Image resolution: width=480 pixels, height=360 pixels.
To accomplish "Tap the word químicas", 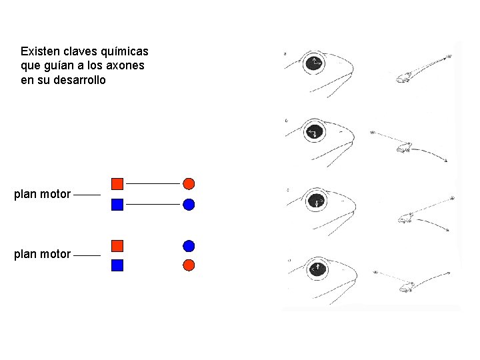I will [x=124, y=52].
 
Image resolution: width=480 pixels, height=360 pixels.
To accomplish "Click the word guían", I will [x=59, y=66].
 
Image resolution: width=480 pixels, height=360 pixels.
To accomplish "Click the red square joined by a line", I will [x=117, y=183].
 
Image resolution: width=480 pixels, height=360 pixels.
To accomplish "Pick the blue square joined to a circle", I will [x=117, y=205].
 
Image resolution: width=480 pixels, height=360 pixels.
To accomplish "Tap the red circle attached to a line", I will [x=189, y=183].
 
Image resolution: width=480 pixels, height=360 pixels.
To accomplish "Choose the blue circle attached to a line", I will [x=189, y=205].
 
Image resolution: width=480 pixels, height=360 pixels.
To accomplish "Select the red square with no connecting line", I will [x=117, y=245].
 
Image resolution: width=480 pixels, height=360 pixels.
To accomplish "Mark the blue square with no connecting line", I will [x=117, y=265].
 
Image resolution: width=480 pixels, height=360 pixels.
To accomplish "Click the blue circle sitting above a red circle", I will [x=189, y=245].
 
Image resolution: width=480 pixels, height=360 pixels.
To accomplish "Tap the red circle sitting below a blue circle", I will [x=189, y=265].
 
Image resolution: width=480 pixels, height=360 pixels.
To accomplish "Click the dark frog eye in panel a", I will [x=313, y=64].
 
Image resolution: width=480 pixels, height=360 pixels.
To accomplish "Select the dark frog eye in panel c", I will [x=316, y=201].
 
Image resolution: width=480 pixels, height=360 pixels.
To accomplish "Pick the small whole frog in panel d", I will [x=405, y=287].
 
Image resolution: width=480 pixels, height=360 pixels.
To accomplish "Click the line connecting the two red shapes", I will [x=153, y=183].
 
